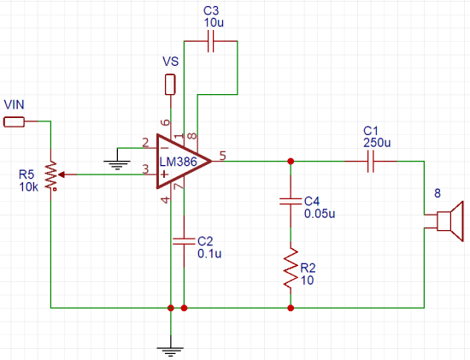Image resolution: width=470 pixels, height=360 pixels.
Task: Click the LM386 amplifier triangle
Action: point(182,162)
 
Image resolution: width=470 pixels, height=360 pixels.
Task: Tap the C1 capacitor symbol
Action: point(370,161)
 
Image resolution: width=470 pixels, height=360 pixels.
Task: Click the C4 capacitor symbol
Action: point(291,203)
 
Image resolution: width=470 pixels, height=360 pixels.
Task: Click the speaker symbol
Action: point(446,220)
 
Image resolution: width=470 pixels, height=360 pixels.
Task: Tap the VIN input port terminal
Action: point(15,121)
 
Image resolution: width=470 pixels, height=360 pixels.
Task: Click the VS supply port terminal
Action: point(170,85)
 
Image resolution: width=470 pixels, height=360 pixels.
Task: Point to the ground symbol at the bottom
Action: point(171,346)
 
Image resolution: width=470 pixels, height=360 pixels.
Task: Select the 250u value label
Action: point(376,141)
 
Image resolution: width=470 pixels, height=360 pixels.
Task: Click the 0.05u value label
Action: point(319,214)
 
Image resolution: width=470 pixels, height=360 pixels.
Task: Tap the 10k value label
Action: point(28,187)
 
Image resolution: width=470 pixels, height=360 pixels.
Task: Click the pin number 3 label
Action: point(145,168)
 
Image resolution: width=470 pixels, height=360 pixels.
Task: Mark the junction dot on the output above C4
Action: point(291,161)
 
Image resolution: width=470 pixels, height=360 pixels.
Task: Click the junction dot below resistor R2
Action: point(291,306)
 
